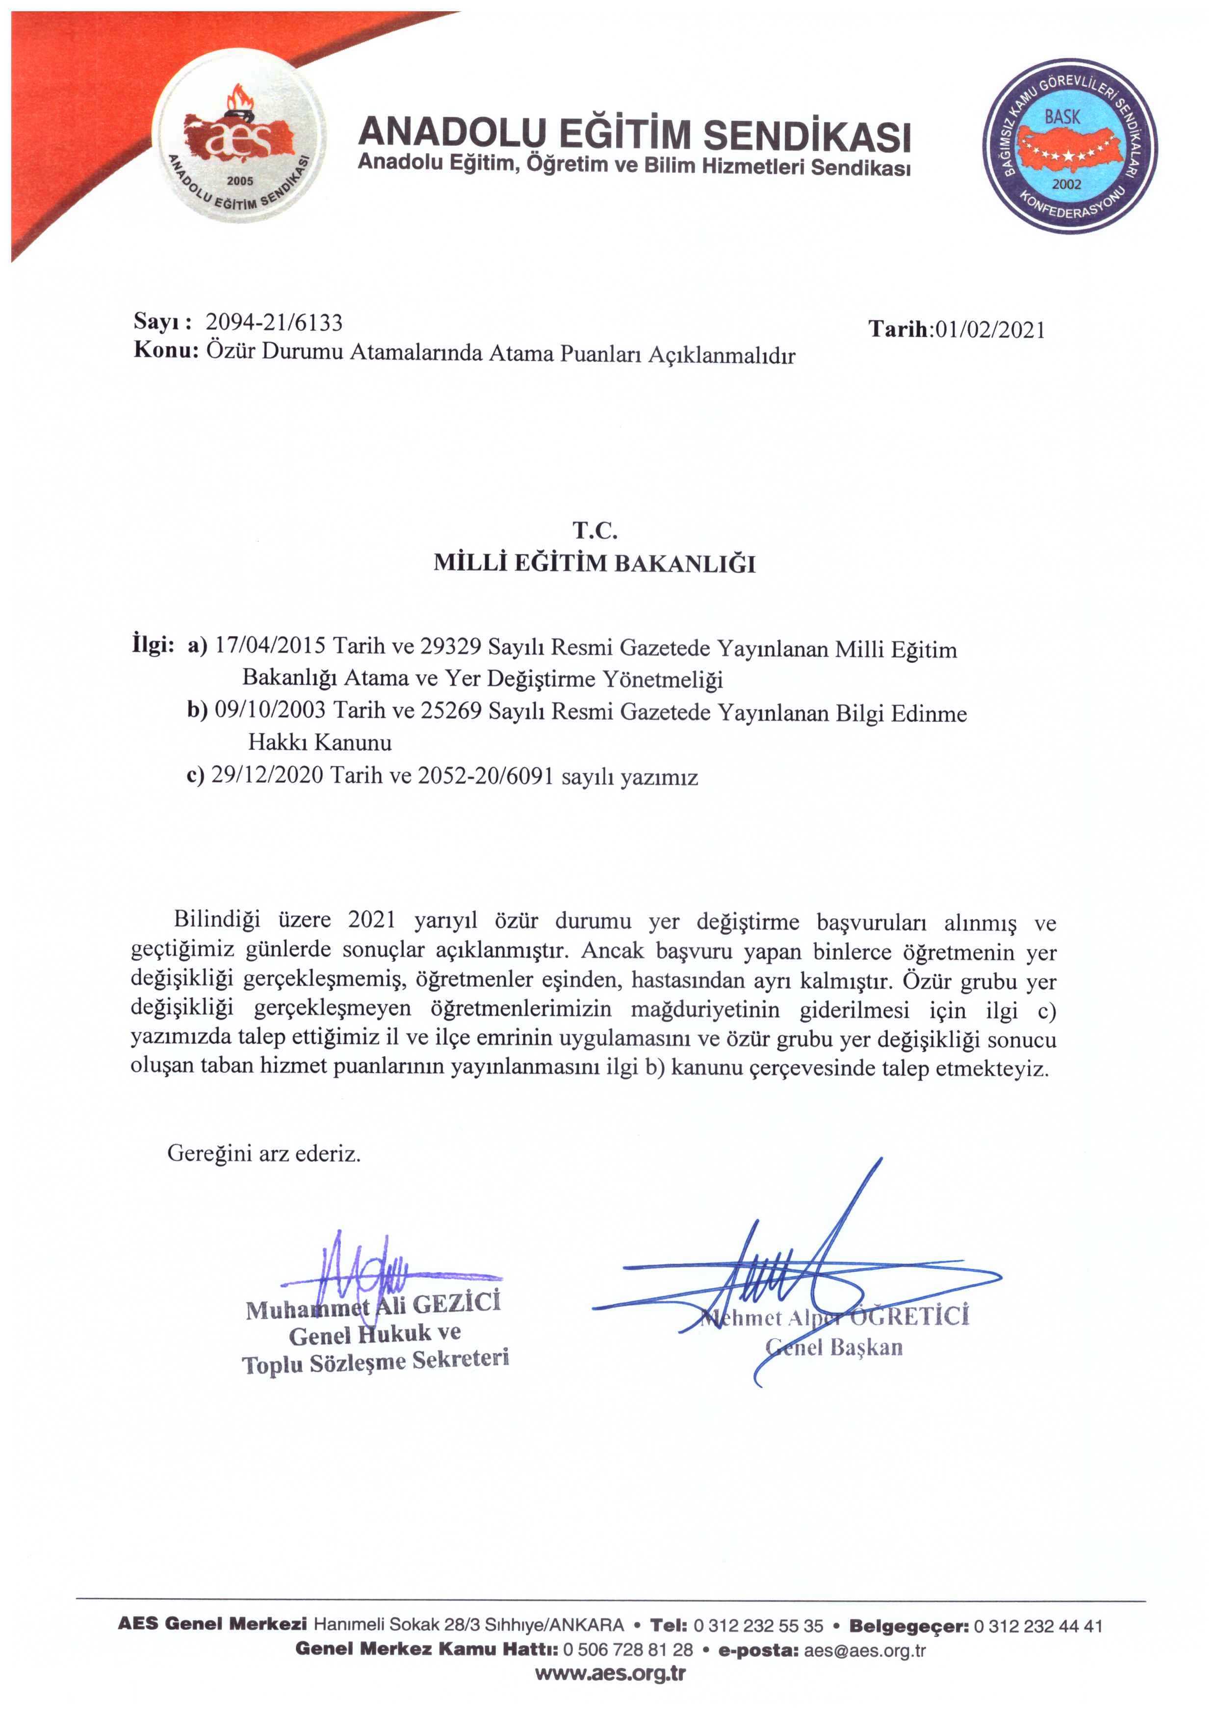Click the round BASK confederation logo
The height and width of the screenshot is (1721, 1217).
click(x=1069, y=146)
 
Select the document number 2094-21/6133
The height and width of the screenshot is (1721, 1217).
click(x=274, y=322)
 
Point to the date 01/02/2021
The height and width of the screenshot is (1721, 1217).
click(x=988, y=330)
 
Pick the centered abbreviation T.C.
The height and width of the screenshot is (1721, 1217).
click(x=595, y=530)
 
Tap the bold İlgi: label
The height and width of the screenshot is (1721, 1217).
click(x=154, y=645)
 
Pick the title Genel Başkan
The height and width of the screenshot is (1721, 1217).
click(x=834, y=1347)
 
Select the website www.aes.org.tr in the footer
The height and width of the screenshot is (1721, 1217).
click(x=610, y=1673)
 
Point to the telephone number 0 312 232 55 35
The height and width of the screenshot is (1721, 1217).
click(x=758, y=1625)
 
